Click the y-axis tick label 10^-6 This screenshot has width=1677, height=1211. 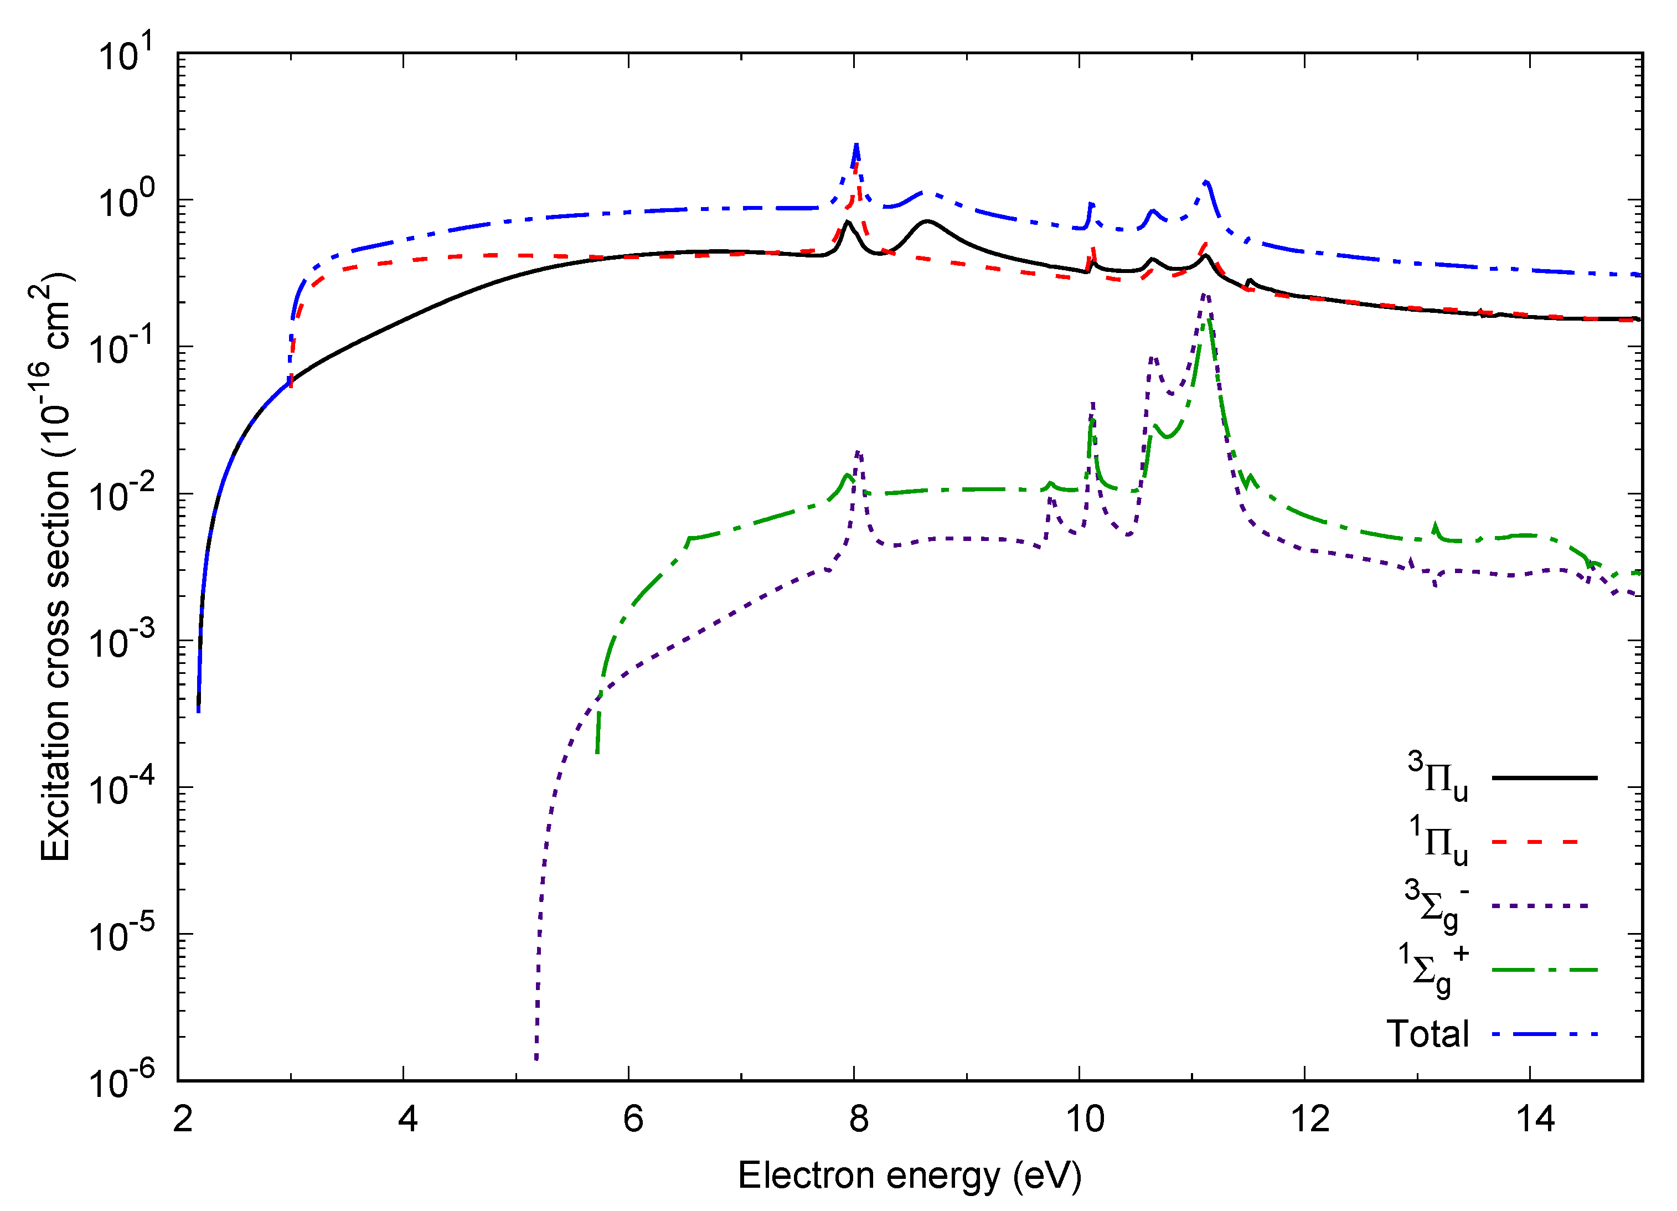122,1081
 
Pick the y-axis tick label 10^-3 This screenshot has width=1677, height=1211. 122,640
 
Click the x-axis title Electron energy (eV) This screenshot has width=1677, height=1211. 910,1176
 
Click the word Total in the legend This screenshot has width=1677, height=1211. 1427,1034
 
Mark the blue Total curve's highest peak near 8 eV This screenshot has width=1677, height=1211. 856,145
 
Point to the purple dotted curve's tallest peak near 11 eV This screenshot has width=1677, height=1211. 1205,293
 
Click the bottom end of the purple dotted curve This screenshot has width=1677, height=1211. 537,1059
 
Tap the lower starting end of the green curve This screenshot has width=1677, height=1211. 597,753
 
